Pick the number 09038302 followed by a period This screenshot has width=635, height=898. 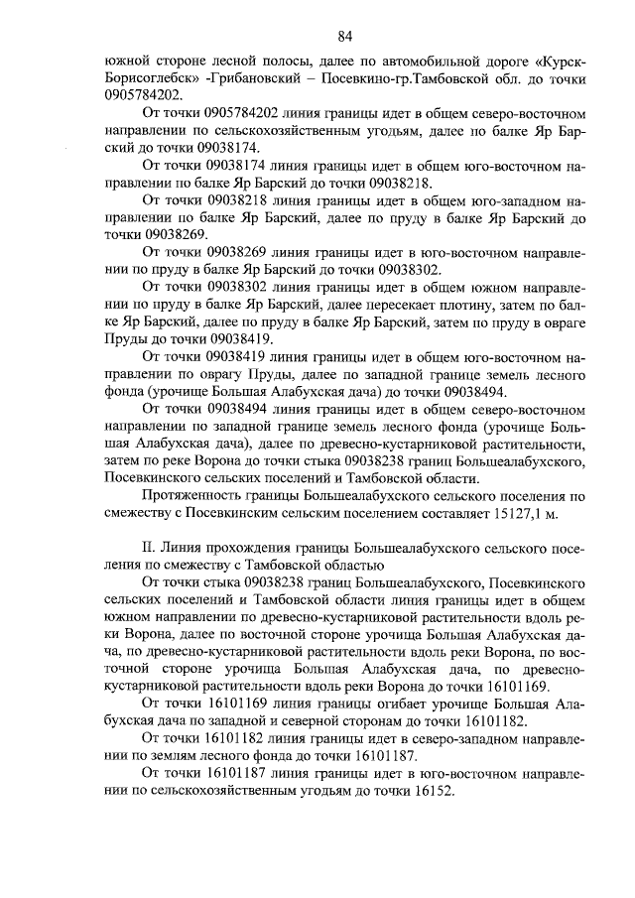point(411,269)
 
